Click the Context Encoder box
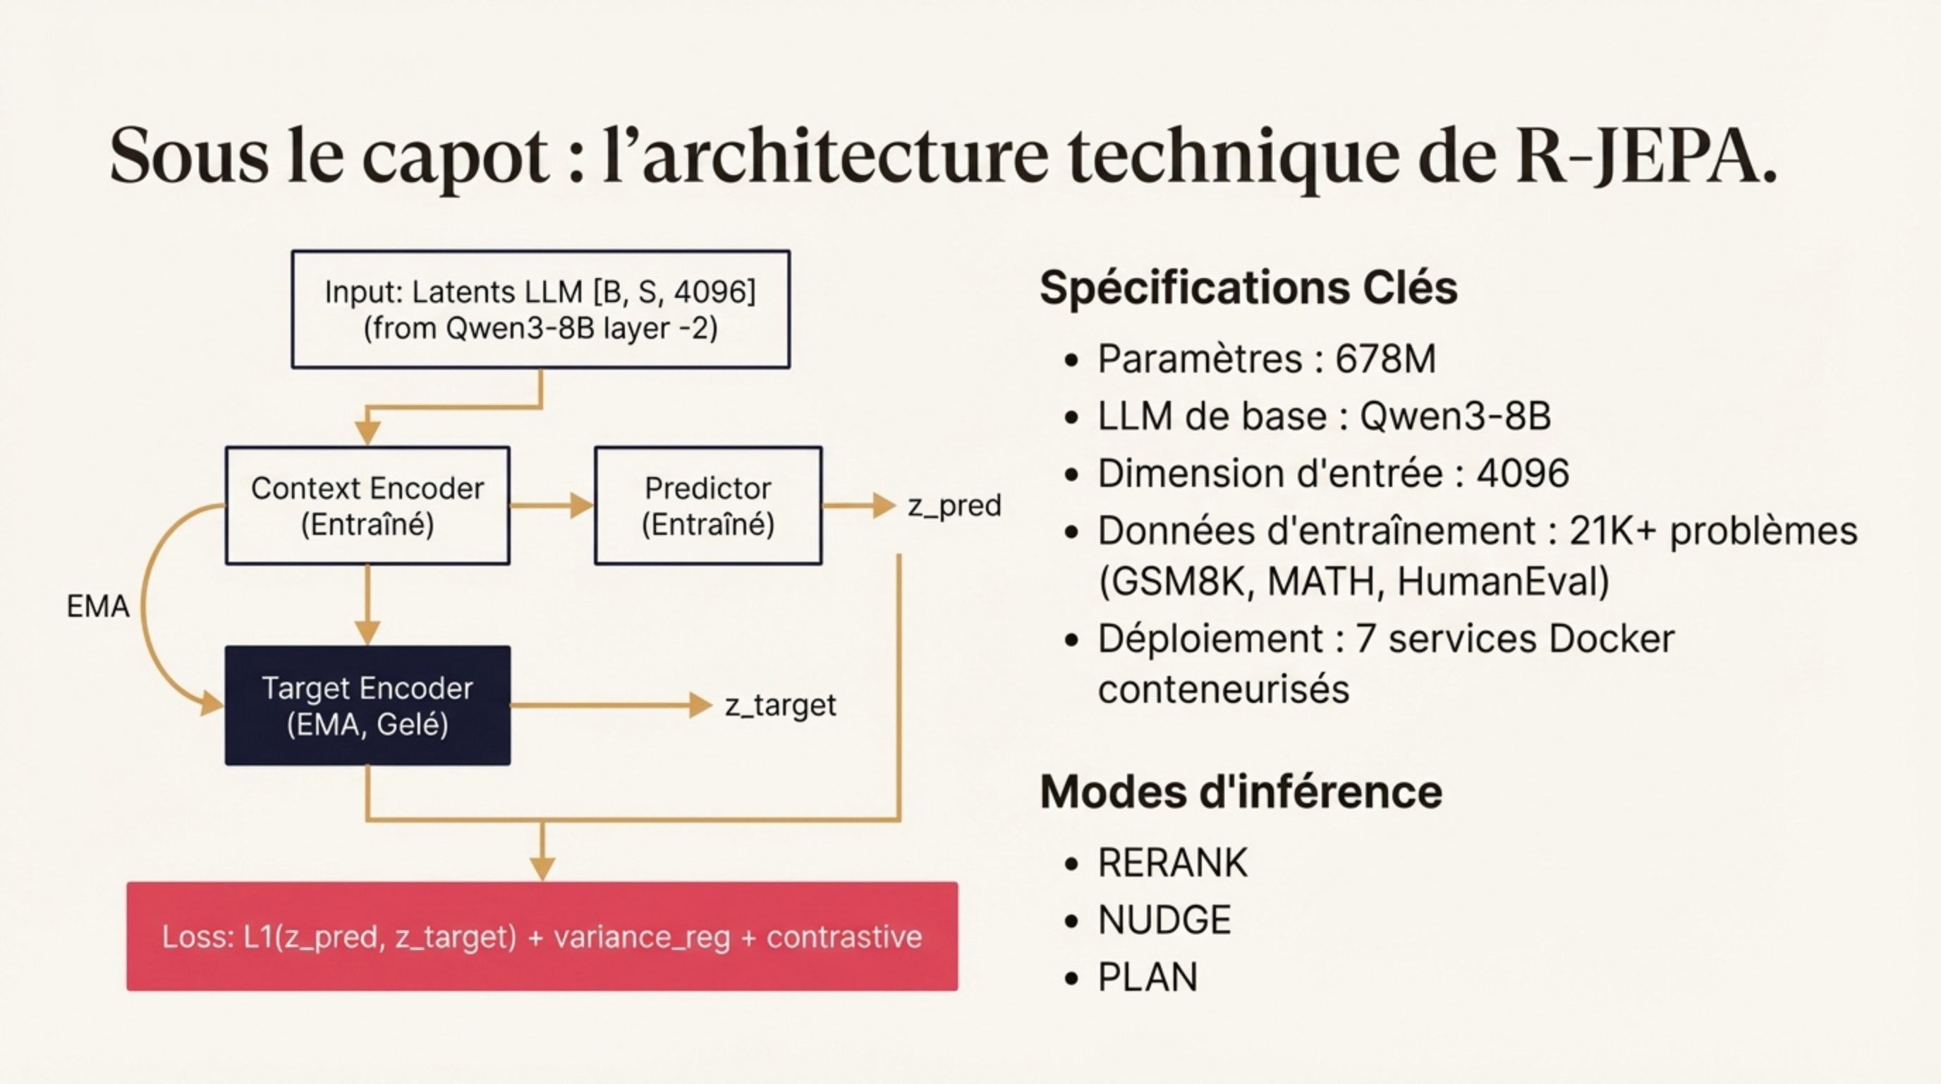click(367, 506)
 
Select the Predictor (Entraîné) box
click(707, 506)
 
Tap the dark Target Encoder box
click(367, 706)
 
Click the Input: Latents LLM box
click(540, 310)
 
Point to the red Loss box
click(542, 937)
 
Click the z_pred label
click(954, 506)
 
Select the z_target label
click(780, 706)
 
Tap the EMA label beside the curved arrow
click(97, 606)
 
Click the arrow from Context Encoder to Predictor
click(551, 506)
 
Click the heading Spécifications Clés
click(1248, 287)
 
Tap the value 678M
click(1385, 359)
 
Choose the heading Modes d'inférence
click(1240, 792)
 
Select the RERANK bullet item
click(1172, 863)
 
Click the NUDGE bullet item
click(1164, 920)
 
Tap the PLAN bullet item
click(1147, 977)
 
